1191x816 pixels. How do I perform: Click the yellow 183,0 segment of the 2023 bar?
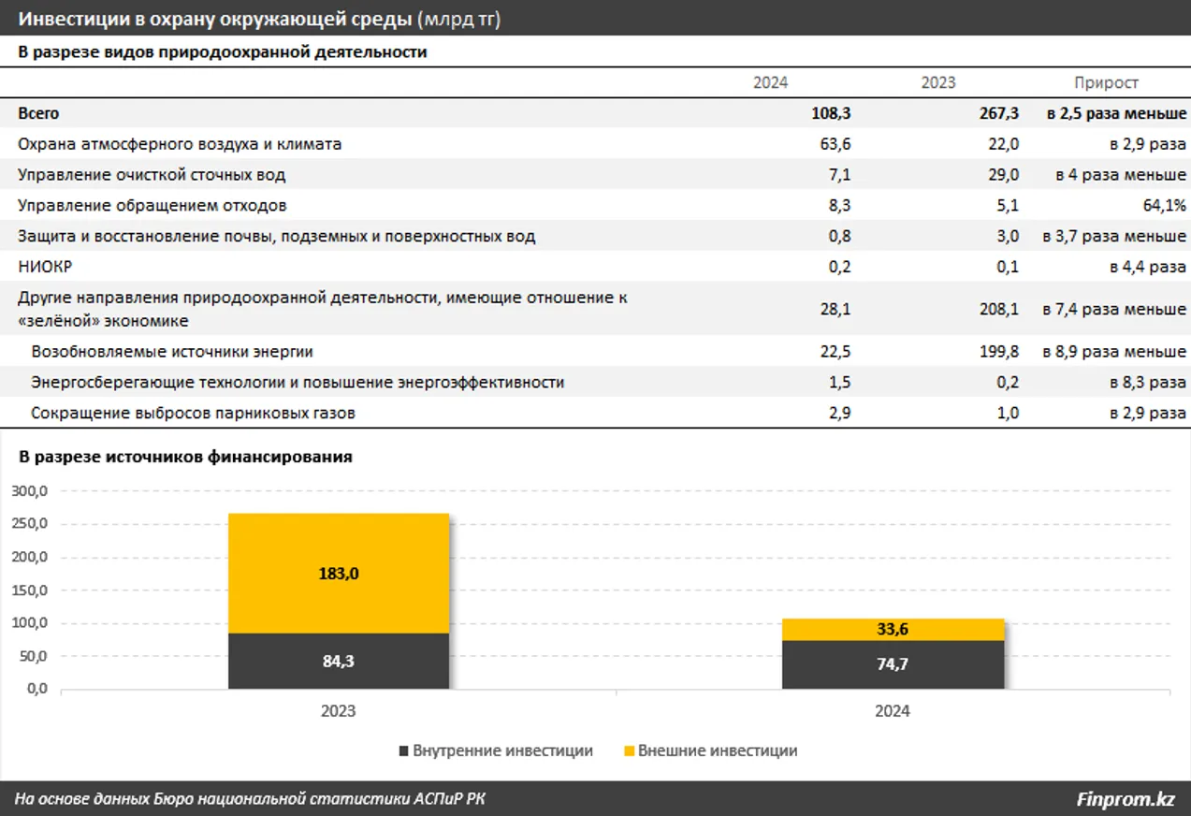[x=339, y=574]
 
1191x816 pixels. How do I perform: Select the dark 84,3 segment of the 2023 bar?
[x=339, y=661]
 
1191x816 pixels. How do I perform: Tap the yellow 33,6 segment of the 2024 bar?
[x=893, y=630]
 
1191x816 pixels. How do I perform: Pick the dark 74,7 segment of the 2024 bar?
[x=893, y=664]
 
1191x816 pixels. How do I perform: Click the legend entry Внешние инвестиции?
[x=709, y=750]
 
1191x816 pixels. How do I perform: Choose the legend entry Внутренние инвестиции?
[x=496, y=750]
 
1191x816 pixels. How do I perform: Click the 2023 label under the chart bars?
[x=339, y=711]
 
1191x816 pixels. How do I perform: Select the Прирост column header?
[x=1106, y=82]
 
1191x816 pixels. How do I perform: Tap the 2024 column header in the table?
[x=770, y=82]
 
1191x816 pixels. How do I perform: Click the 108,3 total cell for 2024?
[x=831, y=113]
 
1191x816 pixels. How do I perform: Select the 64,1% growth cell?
[x=1165, y=205]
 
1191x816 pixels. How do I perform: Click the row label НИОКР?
[x=45, y=267]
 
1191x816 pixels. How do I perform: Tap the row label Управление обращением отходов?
[x=153, y=205]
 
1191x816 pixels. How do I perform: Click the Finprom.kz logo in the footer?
[x=1126, y=799]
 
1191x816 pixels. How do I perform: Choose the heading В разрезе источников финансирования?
[x=185, y=457]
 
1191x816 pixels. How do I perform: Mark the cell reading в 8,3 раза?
[x=1148, y=383]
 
